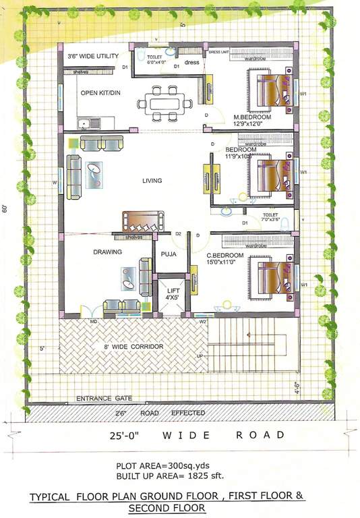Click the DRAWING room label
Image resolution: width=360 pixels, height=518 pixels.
107,252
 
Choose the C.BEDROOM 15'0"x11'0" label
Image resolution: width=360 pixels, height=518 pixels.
225,258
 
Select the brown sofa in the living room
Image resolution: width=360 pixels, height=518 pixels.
142,221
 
